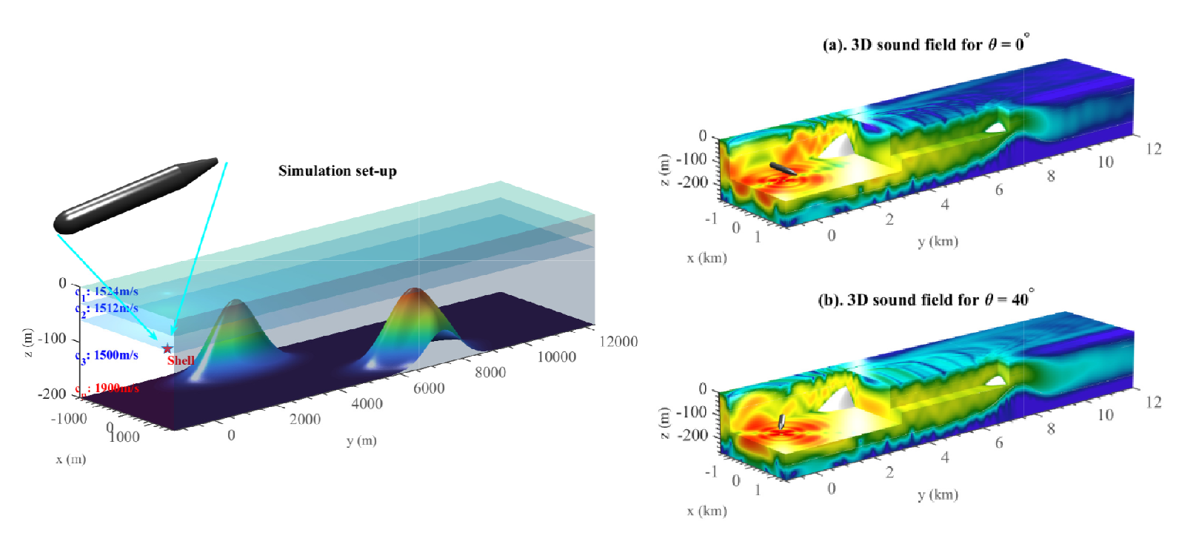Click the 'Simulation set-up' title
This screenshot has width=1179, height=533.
tap(337, 171)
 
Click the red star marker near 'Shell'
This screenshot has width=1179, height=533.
tap(167, 348)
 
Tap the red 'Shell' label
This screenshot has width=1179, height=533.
tap(181, 360)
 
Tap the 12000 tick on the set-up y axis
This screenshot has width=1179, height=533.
tap(618, 341)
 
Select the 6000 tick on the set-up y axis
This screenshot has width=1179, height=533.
tap(429, 388)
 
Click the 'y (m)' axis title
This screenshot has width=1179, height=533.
tap(361, 441)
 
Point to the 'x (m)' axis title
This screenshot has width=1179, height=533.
tap(70, 460)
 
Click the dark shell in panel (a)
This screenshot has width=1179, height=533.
tap(782, 168)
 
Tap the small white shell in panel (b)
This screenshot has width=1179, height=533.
tap(781, 422)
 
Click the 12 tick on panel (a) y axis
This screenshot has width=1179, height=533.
tap(1153, 149)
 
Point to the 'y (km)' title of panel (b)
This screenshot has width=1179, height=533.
tap(938, 494)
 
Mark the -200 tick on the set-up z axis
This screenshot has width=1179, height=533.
tap(52, 394)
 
